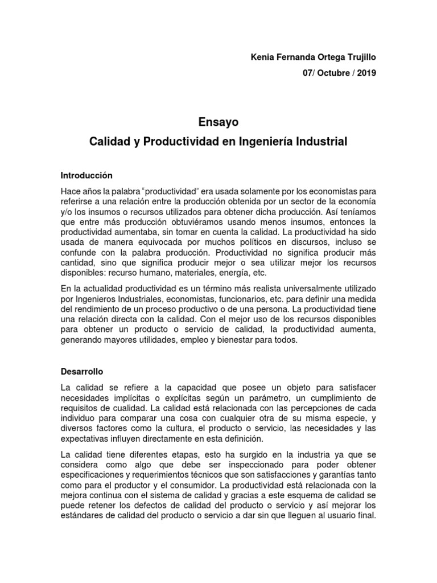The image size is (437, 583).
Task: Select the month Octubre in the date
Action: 329,73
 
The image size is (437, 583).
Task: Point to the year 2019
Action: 366,73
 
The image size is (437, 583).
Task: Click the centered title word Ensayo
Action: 218,121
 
